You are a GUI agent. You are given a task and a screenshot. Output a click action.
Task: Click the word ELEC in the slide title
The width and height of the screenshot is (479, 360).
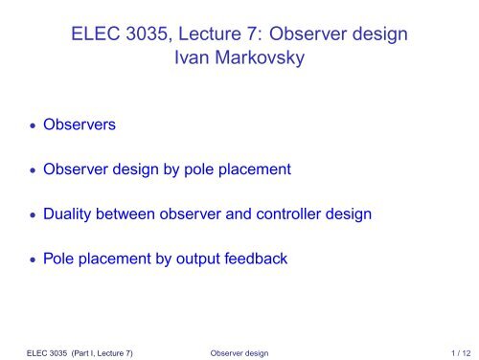point(95,36)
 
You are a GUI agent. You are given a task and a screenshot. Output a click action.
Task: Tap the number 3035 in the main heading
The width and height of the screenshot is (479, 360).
point(153,36)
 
